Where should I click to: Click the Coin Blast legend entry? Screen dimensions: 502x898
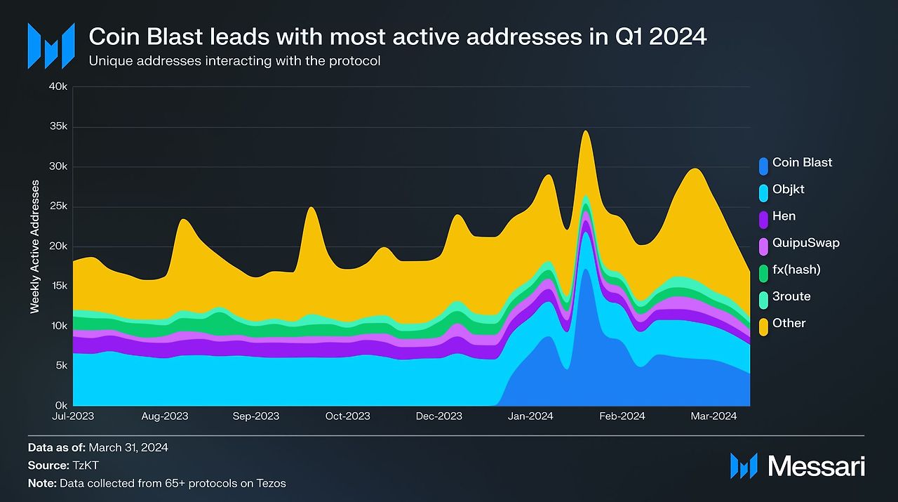pyautogui.click(x=802, y=163)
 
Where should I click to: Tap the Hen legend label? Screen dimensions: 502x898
pyautogui.click(x=784, y=216)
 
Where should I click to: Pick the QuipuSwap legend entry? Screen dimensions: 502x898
pyautogui.click(x=805, y=243)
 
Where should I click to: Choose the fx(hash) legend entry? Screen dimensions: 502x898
pyautogui.click(x=796, y=270)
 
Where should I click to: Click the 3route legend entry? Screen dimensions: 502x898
pyautogui.click(x=791, y=296)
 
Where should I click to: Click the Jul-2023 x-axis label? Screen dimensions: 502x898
pyautogui.click(x=73, y=416)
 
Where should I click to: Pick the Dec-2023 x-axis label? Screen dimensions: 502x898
pyautogui.click(x=439, y=416)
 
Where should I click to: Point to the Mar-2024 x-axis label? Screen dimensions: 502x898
pyautogui.click(x=713, y=416)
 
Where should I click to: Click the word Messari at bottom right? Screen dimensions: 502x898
pyautogui.click(x=816, y=466)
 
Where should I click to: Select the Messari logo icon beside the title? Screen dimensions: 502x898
pyautogui.click(x=51, y=46)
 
